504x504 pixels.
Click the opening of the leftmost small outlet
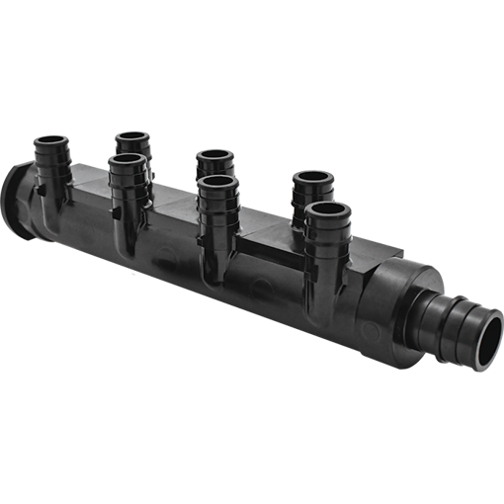click(52, 142)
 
